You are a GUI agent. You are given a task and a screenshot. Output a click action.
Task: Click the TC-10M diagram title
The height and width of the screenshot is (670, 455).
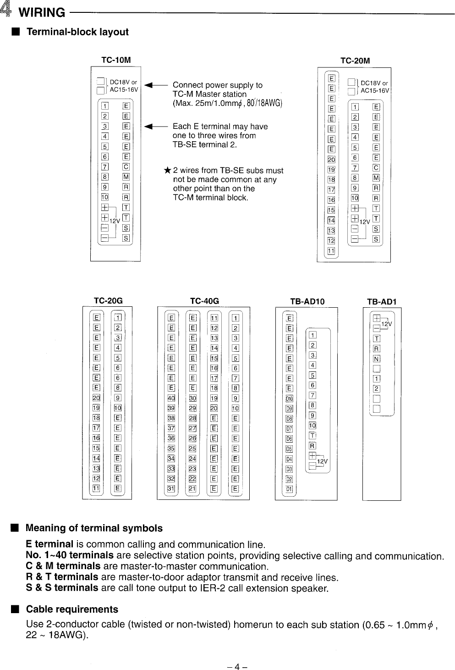pos(116,60)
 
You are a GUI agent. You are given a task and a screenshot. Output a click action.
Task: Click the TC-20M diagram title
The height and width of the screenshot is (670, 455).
pos(355,61)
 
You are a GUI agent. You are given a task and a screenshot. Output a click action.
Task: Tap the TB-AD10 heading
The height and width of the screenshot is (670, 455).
pos(307,301)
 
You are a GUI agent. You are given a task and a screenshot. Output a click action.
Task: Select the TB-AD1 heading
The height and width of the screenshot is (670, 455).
pos(381,301)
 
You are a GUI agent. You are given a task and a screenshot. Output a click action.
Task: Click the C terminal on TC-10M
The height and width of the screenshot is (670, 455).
pos(126,167)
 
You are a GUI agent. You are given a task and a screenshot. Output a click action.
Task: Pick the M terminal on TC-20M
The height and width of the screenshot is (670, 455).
pos(376,177)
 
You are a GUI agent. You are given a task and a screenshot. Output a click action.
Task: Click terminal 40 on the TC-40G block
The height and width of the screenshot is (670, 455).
pos(171,398)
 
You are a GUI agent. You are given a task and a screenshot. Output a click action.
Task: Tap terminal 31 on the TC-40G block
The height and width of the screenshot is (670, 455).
pos(171,488)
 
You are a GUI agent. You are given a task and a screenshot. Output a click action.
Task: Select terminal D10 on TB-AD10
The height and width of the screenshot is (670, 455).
pos(289,399)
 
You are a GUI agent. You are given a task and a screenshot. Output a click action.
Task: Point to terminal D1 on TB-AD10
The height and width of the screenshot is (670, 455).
pos(289,489)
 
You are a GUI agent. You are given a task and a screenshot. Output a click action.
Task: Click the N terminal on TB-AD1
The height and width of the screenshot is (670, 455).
pos(377,359)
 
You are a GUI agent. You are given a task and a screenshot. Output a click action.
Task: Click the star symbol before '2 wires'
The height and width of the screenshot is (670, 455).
pos(167,171)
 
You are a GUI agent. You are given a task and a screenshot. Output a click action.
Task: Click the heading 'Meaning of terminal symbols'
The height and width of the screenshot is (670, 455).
pos(94,528)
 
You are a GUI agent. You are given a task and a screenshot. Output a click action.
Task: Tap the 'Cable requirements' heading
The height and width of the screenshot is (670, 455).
pos(72,609)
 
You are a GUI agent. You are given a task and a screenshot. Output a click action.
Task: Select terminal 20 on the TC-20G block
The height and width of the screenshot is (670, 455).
pos(97,398)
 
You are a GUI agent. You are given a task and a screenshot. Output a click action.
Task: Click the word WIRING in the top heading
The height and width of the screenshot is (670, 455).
pos(42,12)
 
